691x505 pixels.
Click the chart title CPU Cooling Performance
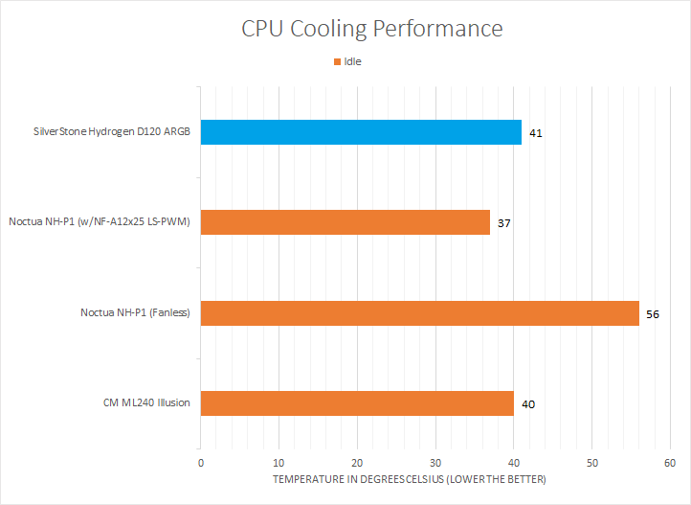tap(371, 29)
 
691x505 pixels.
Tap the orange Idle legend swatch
tap(337, 62)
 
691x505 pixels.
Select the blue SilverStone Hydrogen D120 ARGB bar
tap(361, 132)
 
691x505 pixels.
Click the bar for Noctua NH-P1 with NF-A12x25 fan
tap(345, 222)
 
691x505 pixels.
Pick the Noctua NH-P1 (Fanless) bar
tap(419, 312)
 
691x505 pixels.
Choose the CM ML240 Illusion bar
tap(357, 402)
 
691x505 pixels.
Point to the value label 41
tap(536, 133)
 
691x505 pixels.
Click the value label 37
tap(504, 223)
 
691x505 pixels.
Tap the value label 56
tap(654, 313)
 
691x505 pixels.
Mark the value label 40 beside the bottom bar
tap(528, 403)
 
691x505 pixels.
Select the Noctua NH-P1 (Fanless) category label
tap(135, 312)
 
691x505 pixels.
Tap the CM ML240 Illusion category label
tap(146, 402)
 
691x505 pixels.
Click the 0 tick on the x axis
tap(201, 461)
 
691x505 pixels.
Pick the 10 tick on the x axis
tap(279, 461)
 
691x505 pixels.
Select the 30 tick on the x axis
tap(435, 461)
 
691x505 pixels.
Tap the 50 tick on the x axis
tap(591, 461)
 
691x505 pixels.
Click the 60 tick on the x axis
tap(670, 461)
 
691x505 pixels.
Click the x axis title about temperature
tap(410, 478)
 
